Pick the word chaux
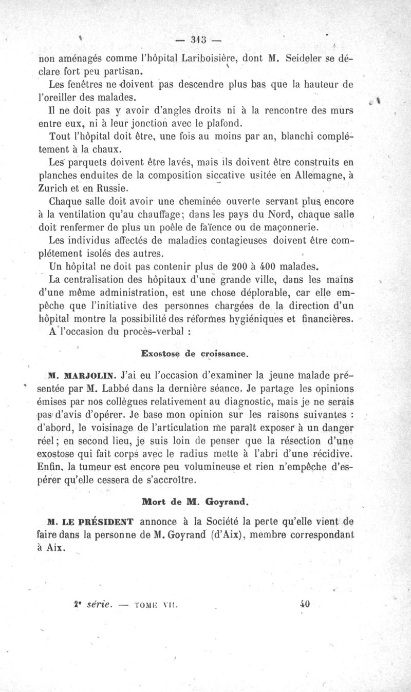[x=107, y=150]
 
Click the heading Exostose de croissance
[x=195, y=354]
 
